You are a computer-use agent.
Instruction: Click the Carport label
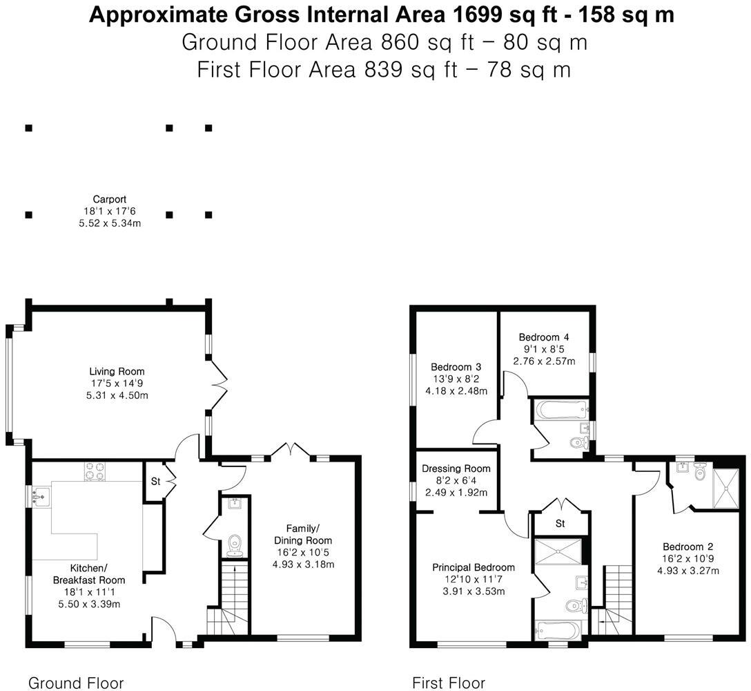point(110,200)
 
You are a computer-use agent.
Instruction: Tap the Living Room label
point(117,372)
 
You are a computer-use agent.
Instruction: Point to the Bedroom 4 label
point(544,337)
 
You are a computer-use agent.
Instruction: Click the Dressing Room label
point(456,468)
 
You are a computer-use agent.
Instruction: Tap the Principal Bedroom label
point(474,567)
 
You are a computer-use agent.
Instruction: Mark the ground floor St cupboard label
point(155,481)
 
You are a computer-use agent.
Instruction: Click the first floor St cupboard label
point(560,524)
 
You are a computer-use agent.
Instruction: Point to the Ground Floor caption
point(76,683)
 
